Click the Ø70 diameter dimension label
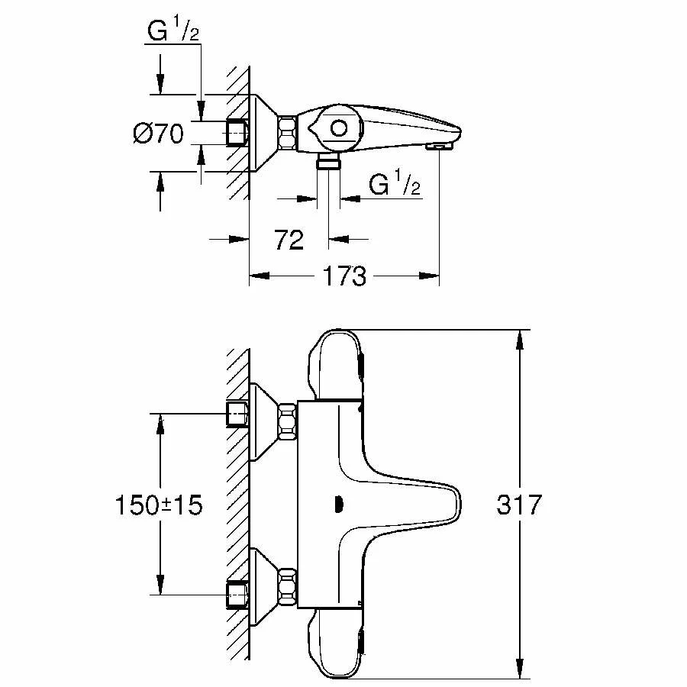(x=158, y=133)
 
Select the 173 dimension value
(x=344, y=276)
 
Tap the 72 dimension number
(x=289, y=240)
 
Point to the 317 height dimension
(x=519, y=505)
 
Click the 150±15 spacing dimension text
(x=159, y=505)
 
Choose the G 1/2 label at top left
(x=173, y=31)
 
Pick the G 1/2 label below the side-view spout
(x=395, y=183)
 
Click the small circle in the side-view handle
(x=339, y=128)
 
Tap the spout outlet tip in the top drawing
(x=440, y=147)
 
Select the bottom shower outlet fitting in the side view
(x=328, y=161)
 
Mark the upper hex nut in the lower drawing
(x=288, y=421)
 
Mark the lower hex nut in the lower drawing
(x=288, y=585)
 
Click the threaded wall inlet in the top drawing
(x=237, y=133)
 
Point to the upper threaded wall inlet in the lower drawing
(x=237, y=414)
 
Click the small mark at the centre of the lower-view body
(x=338, y=505)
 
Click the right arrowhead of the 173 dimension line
(x=429, y=276)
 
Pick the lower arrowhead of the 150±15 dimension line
(x=160, y=585)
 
